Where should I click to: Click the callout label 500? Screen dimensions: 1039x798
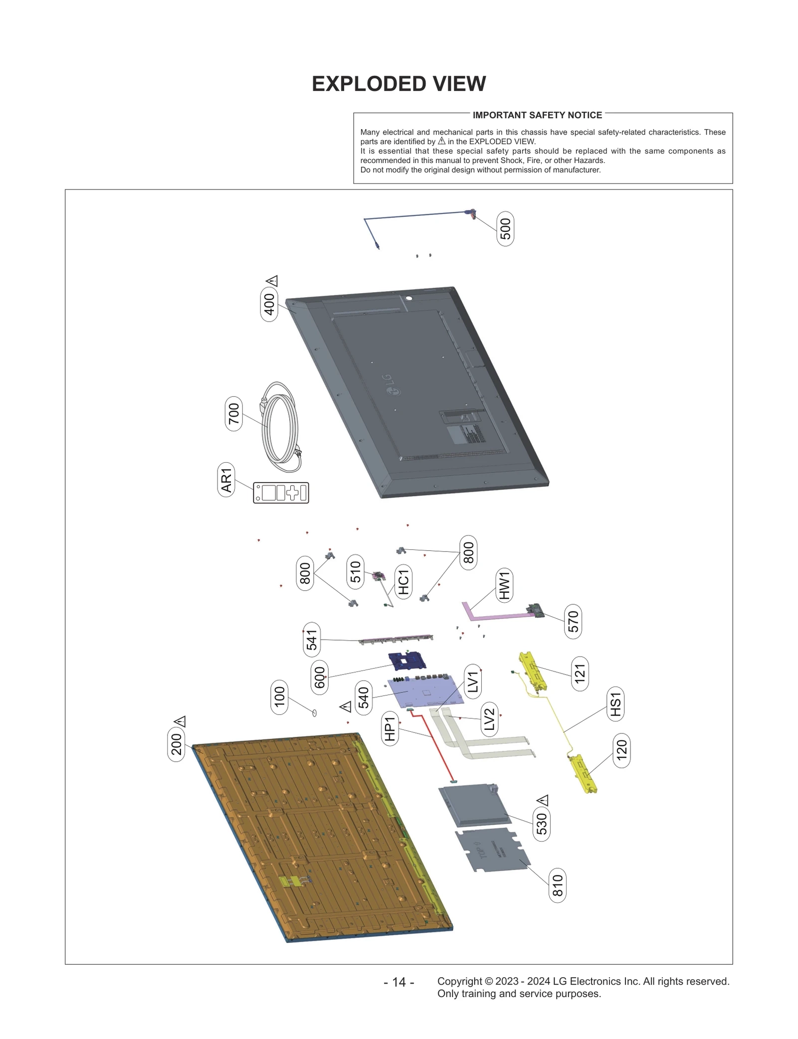point(505,229)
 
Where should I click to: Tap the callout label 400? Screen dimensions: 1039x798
point(269,304)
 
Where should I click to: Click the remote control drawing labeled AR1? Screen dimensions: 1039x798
point(281,493)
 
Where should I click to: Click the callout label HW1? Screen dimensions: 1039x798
point(504,585)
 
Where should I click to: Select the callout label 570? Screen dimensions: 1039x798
point(573,621)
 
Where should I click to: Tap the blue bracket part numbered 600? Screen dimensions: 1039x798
point(407,661)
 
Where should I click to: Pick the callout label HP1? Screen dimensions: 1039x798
point(390,728)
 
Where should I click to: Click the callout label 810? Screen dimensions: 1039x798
point(557,885)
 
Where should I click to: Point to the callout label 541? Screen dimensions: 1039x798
point(312,640)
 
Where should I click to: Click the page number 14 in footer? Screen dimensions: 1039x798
point(399,982)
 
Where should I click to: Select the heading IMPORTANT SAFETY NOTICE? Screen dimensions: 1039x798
point(537,115)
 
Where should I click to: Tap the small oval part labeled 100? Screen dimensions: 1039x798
point(314,713)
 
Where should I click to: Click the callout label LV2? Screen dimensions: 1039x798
point(489,719)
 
